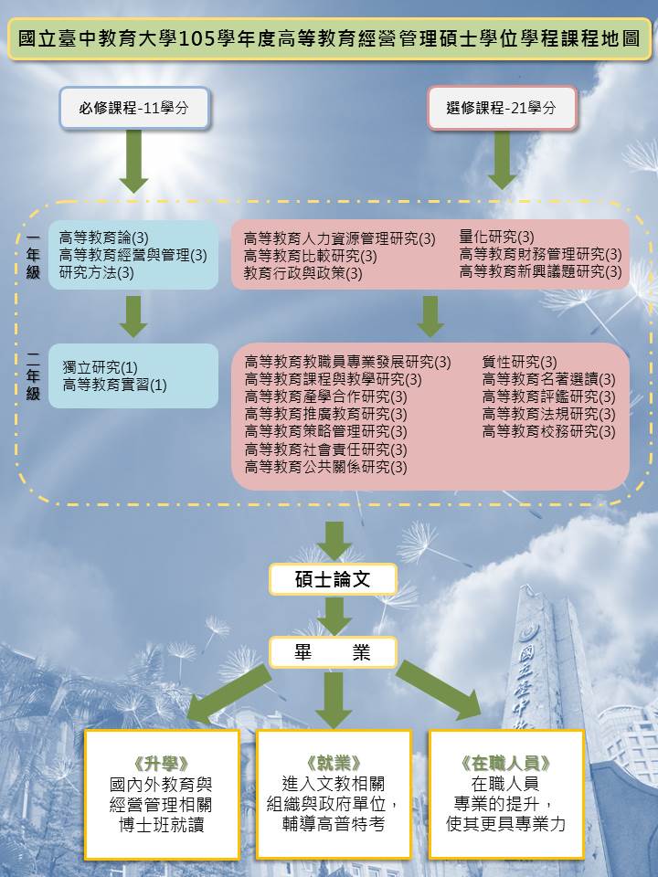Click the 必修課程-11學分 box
pyautogui.click(x=134, y=108)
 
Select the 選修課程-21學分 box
pyautogui.click(x=502, y=108)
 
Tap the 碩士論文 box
pyautogui.click(x=333, y=579)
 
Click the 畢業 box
pyautogui.click(x=333, y=652)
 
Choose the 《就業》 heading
pyautogui.click(x=333, y=762)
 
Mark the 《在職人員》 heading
pyautogui.click(x=505, y=762)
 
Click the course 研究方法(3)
pyautogui.click(x=97, y=272)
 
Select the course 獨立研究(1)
pyautogui.click(x=101, y=367)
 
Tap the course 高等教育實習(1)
pyautogui.click(x=115, y=385)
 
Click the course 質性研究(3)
pyautogui.click(x=519, y=362)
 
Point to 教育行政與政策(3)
pyautogui.click(x=302, y=273)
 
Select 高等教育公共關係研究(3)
pyautogui.click(x=325, y=467)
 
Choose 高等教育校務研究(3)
pyautogui.click(x=548, y=431)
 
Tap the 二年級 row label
pyautogui.click(x=33, y=376)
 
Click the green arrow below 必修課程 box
pyautogui.click(x=134, y=161)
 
